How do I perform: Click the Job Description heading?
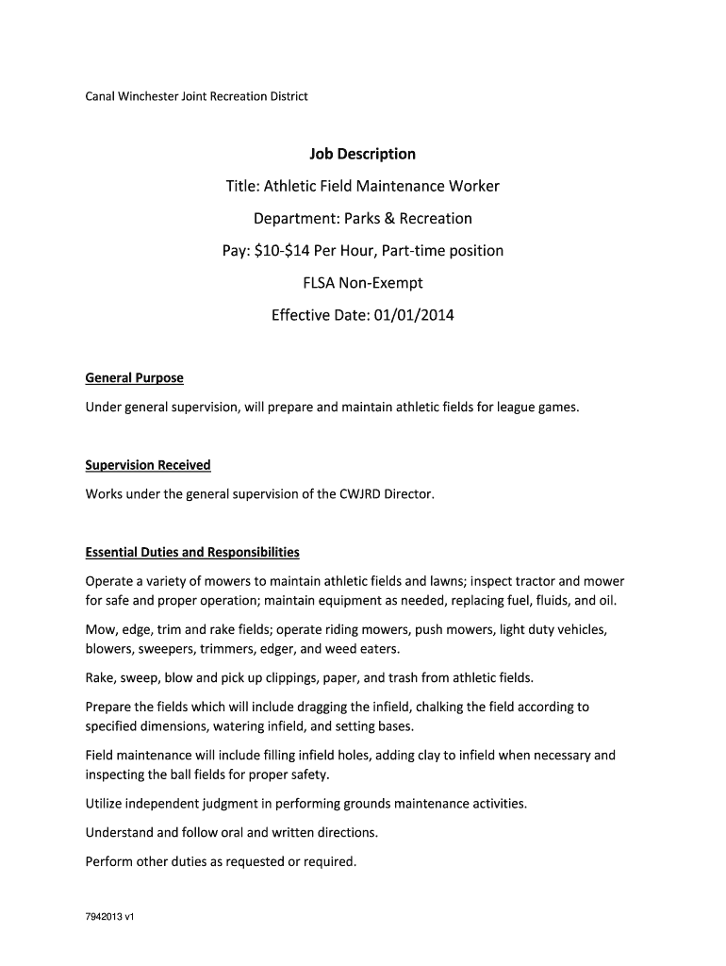point(363,154)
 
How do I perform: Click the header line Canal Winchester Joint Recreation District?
point(197,96)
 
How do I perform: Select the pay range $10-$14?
point(285,251)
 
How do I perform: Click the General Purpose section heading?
point(134,378)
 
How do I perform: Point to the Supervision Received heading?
point(148,465)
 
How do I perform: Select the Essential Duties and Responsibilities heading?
point(192,552)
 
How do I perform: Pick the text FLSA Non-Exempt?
point(363,283)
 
